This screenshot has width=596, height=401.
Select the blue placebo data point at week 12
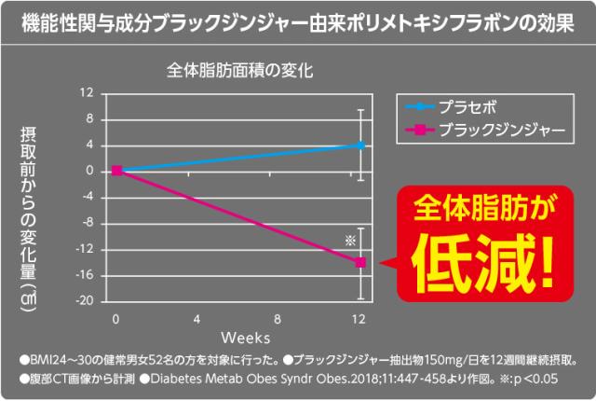(x=360, y=145)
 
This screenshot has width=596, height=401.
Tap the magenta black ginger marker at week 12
(x=360, y=262)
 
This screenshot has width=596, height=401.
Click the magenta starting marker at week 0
(x=117, y=171)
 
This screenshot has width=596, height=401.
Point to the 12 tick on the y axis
(x=89, y=93)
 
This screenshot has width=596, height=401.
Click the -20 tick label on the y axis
(x=87, y=301)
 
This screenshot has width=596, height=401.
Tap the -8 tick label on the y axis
(x=88, y=223)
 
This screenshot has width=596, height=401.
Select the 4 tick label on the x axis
(x=197, y=319)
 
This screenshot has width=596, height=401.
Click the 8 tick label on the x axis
(x=279, y=319)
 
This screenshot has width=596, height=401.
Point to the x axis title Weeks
(x=246, y=334)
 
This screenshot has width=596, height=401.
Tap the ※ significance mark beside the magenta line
(x=350, y=241)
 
